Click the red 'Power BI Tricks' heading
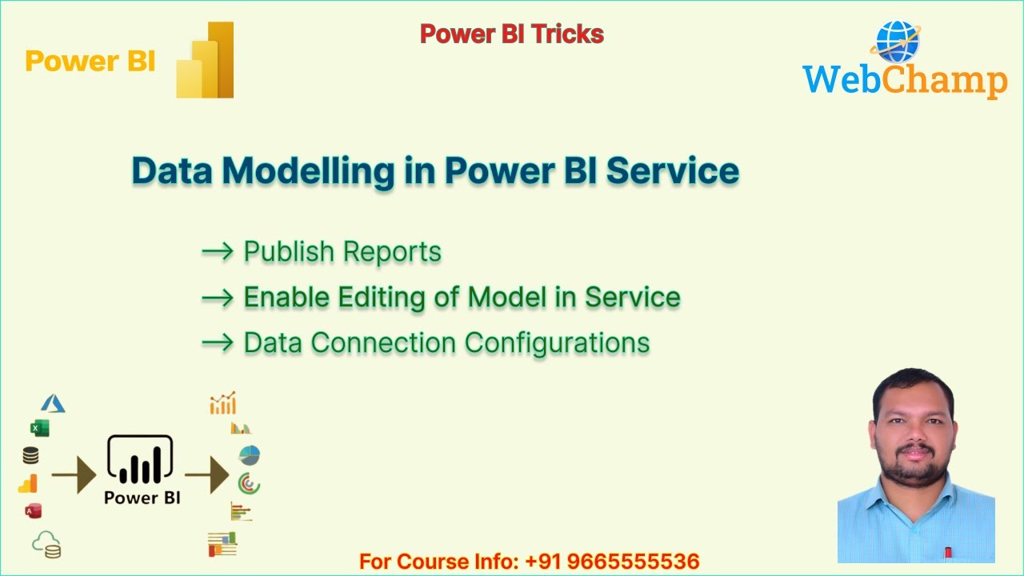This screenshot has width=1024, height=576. click(512, 34)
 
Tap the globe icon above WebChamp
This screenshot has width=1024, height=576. click(898, 42)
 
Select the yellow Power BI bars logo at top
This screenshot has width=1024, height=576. click(206, 62)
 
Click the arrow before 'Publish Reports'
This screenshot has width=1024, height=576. click(217, 252)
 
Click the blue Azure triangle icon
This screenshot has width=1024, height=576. click(53, 404)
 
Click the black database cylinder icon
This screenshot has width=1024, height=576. click(30, 456)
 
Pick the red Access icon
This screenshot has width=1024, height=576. click(33, 511)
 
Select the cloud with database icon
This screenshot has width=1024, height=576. click(46, 545)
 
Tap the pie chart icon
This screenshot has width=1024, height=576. click(250, 455)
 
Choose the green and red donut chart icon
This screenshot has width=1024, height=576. click(249, 483)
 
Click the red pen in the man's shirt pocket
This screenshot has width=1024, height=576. click(948, 552)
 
